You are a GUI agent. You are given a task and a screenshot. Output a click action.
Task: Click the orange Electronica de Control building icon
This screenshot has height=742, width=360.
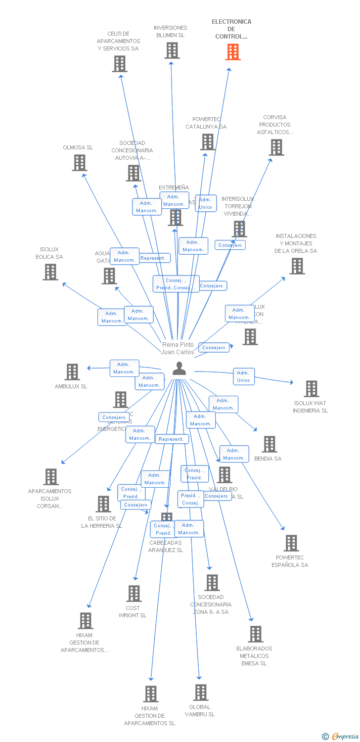pos(233,52)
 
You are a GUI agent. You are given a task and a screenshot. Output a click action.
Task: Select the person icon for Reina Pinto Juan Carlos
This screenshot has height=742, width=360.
pos(179,369)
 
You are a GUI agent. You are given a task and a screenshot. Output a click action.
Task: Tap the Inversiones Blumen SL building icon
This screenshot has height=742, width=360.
pos(172,50)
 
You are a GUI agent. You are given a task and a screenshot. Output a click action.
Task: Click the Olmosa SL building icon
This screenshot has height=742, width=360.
pos(80,163)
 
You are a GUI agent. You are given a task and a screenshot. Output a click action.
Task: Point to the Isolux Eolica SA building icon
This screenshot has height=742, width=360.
pos(50,272)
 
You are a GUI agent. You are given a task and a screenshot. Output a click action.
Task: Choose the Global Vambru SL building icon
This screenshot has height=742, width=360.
pos(200,693)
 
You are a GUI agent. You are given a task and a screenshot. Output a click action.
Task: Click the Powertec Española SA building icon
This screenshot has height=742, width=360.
pos(291,543)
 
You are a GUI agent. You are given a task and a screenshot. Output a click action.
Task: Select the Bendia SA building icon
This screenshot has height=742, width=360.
pos(270,444)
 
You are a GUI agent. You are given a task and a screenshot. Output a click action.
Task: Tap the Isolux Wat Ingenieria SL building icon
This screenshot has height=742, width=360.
pos(312,389)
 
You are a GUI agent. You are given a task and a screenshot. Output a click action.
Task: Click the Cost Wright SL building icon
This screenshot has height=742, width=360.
pos(134,594)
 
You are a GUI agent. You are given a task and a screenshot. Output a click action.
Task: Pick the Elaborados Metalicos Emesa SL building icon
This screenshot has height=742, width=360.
pos(256,634)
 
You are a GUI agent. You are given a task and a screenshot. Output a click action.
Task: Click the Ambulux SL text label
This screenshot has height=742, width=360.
pos(71,386)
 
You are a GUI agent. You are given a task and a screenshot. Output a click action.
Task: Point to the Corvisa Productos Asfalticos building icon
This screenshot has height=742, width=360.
pos(276,147)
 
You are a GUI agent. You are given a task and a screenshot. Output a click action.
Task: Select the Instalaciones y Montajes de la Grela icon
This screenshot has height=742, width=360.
pos(297,266)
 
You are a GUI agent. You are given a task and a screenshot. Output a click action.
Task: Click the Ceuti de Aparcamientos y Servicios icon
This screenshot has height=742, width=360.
pos(120,64)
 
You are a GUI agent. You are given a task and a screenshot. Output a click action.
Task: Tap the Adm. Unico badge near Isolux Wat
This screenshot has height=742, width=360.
pos(244,376)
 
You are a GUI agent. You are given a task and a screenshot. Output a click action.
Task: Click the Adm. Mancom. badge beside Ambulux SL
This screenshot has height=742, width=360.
pos(124,368)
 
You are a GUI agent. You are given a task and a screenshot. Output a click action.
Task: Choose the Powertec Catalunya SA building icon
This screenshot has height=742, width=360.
pos(208,142)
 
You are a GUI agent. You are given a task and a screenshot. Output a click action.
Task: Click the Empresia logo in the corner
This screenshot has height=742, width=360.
pos(342,737)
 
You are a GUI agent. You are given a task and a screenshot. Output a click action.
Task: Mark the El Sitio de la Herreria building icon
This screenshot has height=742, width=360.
pos(103,504)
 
